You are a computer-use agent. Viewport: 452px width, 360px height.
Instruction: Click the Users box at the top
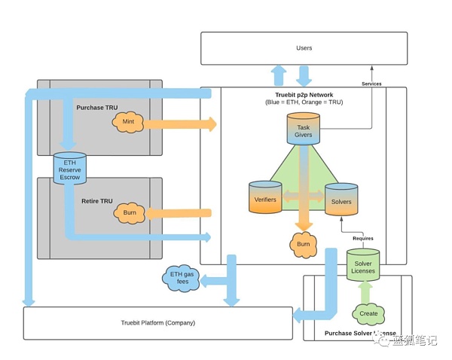point(304,48)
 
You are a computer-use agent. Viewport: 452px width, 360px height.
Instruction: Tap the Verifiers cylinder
point(264,197)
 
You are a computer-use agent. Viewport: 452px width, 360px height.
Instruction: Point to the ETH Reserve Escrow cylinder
point(69,169)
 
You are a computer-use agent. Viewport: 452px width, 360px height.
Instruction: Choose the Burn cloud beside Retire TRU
point(129,214)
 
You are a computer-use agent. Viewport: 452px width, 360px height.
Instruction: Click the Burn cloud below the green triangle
point(303,243)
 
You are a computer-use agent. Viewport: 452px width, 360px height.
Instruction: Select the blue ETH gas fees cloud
point(179,279)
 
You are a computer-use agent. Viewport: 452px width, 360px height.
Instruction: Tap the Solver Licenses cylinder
point(363,265)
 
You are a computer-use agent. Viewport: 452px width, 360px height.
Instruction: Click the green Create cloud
point(368,312)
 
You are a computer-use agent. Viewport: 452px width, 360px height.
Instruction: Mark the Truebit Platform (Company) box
point(158,323)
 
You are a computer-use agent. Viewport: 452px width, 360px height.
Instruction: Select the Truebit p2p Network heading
point(304,95)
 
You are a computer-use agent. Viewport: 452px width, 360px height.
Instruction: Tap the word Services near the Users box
point(371,84)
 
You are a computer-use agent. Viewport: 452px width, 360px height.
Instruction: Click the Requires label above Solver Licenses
point(362,238)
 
